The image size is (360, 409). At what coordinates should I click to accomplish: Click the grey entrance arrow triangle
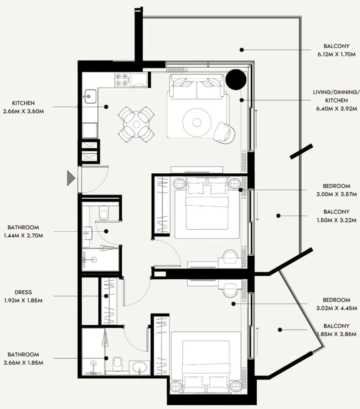[x=70, y=177]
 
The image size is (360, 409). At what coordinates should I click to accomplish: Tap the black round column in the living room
[x=236, y=79]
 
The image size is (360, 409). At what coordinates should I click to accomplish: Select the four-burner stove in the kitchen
[x=122, y=79]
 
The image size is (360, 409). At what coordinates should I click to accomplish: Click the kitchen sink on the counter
[x=90, y=95]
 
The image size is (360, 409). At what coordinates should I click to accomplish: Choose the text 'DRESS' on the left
[x=23, y=293]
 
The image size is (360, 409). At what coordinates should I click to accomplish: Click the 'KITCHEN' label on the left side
[x=23, y=103]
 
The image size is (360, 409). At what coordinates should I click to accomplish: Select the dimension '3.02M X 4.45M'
[x=336, y=308]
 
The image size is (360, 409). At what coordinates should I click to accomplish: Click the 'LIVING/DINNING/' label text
[x=334, y=92]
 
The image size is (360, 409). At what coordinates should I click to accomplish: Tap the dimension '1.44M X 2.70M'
[x=23, y=235]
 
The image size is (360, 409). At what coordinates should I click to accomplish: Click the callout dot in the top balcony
[x=242, y=50]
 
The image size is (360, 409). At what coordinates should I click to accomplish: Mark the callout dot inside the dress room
[x=106, y=296]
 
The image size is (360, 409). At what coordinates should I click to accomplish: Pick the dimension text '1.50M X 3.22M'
[x=336, y=220]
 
